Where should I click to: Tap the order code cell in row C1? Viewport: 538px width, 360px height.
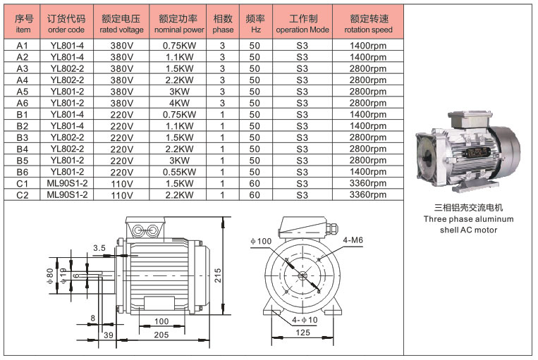coord(67,183)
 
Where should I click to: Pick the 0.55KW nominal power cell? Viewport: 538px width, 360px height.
coord(179,172)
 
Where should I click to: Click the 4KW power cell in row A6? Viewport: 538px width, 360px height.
coord(179,103)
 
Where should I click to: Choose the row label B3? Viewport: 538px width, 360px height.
coord(23,137)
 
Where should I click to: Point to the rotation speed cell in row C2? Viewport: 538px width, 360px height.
coord(368,194)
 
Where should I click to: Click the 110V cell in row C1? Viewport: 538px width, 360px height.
coord(122,184)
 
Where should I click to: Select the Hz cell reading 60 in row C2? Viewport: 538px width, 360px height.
coord(255,194)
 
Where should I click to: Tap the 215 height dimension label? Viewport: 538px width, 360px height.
coord(218,275)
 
